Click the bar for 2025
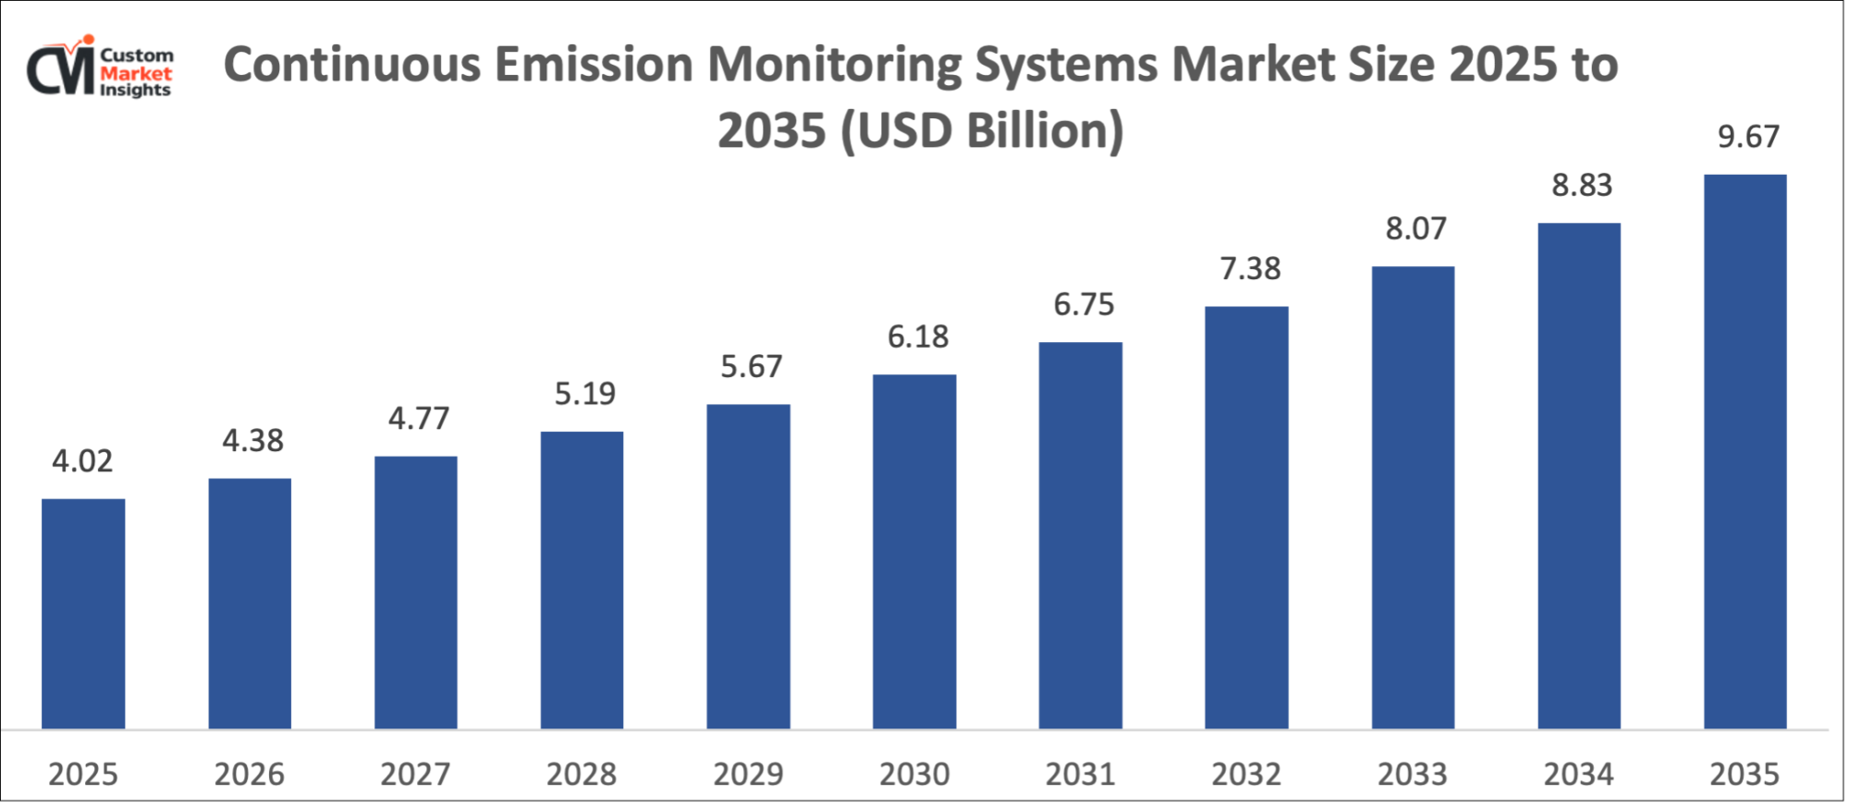click(83, 614)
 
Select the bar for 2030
click(914, 552)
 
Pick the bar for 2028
click(582, 581)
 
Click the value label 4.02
click(82, 460)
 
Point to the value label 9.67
click(1747, 137)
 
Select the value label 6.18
click(917, 337)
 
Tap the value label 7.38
click(1250, 269)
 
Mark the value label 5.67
click(751, 367)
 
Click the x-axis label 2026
click(249, 774)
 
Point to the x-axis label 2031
click(1080, 774)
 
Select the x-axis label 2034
click(1578, 774)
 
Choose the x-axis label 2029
click(748, 774)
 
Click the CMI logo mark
click(61, 67)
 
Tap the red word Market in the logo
click(136, 73)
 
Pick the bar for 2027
click(415, 593)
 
